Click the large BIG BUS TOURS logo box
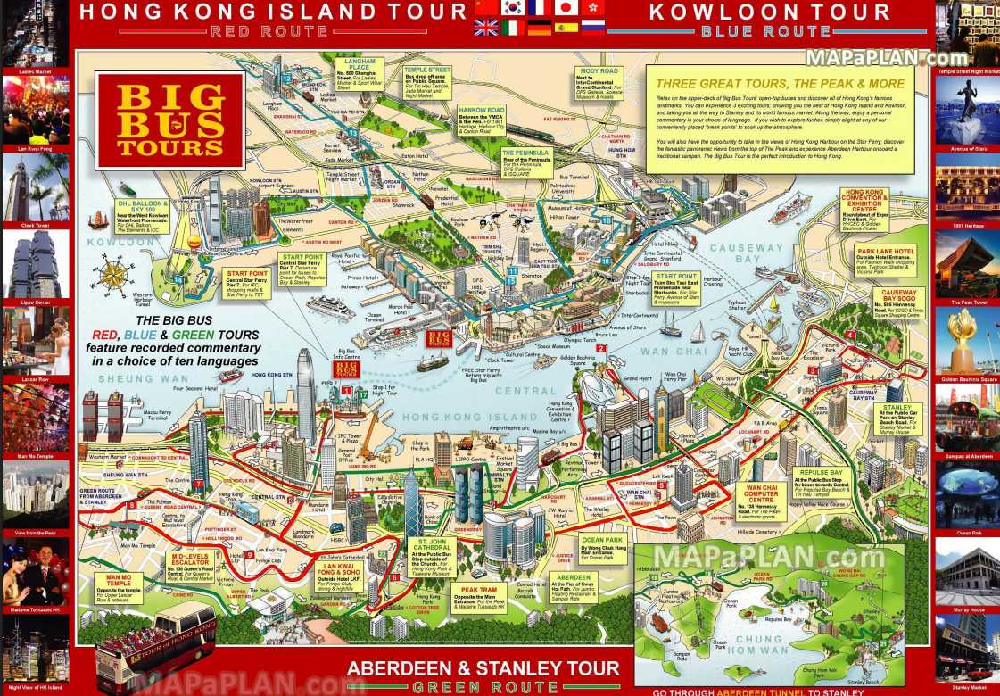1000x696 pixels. pyautogui.click(x=169, y=120)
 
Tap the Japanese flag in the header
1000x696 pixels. pyautogui.click(x=566, y=8)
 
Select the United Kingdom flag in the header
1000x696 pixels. pyautogui.click(x=486, y=28)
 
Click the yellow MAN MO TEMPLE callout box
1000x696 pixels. pyautogui.click(x=118, y=586)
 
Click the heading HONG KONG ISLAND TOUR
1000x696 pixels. pyautogui.click(x=273, y=12)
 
